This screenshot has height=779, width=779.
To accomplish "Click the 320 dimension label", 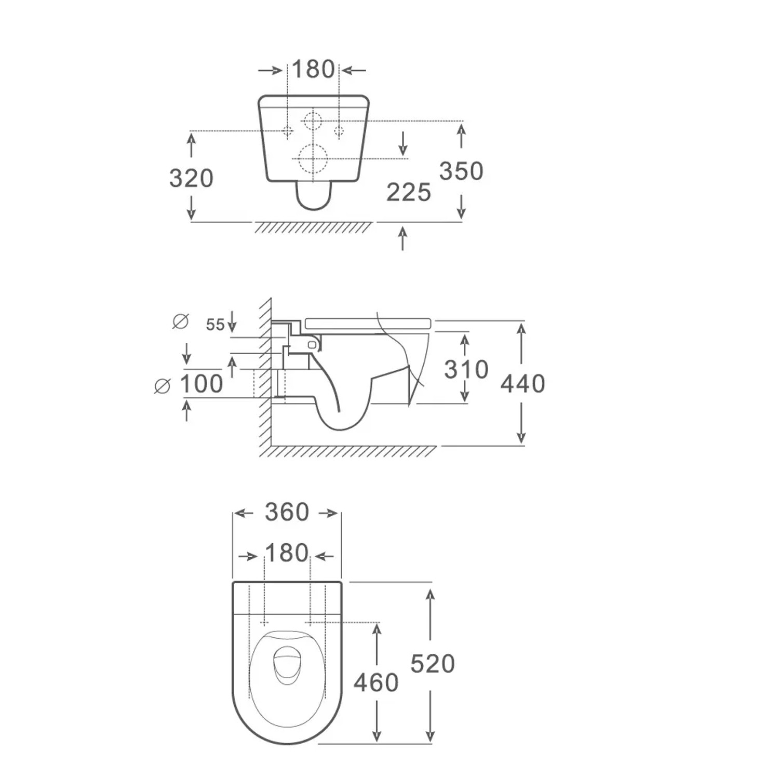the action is (191, 178).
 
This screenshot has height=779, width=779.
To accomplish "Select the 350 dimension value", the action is (461, 171).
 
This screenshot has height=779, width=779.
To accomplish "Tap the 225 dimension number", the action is (409, 192).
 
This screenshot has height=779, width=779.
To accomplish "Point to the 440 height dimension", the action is (523, 383).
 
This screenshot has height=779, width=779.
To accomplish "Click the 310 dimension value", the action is (466, 369).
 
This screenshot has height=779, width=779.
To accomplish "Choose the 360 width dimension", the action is (287, 512).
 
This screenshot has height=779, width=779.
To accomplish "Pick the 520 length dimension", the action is (433, 664).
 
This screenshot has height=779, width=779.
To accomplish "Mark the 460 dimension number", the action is (376, 682).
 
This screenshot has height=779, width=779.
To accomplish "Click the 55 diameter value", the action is (215, 325).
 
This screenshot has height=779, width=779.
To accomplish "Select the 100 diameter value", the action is (202, 384).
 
